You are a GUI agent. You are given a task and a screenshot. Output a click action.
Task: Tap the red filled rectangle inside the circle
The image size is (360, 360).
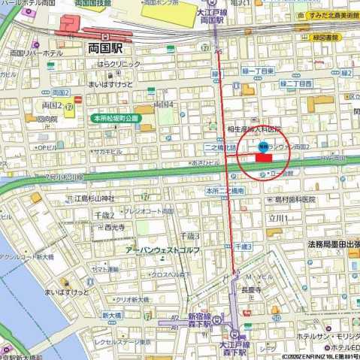click(264, 157)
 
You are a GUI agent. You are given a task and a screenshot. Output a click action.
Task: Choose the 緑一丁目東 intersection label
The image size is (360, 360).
click(256, 71)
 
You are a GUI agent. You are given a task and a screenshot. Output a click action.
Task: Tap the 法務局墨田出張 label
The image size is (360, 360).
click(331, 244)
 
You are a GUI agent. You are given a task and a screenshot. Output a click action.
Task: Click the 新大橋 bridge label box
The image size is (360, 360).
click(111, 314)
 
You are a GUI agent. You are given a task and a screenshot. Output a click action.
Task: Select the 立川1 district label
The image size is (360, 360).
click(278, 218)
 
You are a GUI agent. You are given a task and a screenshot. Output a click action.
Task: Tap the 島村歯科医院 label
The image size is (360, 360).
click(295, 199)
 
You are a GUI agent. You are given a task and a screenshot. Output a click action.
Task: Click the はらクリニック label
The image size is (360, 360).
click(113, 65)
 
